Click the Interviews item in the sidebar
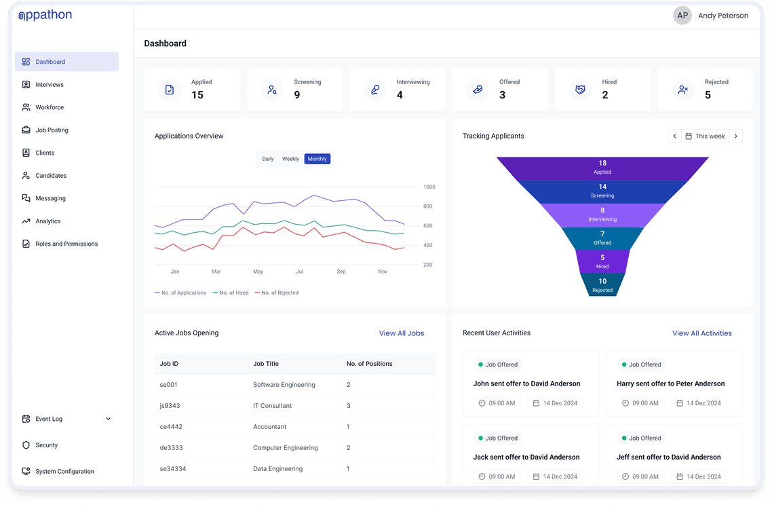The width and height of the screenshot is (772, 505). coord(49,85)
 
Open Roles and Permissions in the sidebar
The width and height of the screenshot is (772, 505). coord(66,244)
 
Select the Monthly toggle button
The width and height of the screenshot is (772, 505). coord(317,159)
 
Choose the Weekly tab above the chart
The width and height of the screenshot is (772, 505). coord(290,159)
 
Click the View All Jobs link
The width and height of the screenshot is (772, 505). coord(401,333)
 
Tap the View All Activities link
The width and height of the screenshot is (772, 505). coord(701,333)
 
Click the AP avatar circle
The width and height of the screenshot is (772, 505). coord(682,16)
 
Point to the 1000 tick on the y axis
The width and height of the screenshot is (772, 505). coord(429,187)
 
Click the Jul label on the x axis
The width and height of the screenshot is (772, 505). coord(299,272)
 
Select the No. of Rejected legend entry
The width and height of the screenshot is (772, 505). coord(279,293)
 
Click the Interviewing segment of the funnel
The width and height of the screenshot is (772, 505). coord(602,215)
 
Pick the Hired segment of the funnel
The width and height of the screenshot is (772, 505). coord(602,261)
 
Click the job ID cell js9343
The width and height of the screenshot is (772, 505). coord(170,406)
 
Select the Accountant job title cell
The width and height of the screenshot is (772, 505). coord(269,427)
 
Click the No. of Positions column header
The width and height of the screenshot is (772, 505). coord(369,364)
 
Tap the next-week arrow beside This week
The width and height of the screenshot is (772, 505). coord(735,136)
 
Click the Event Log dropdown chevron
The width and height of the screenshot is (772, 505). coord(109,419)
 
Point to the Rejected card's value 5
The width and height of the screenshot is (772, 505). coord(708,95)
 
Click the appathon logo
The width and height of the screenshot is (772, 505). coord(45,15)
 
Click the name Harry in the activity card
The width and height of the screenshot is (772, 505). coord(625,384)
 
